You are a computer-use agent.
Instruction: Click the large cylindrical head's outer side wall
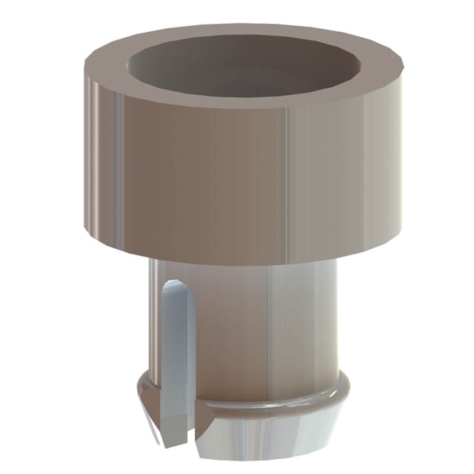[x=222, y=178]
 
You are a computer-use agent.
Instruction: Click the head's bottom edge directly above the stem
[x=244, y=263]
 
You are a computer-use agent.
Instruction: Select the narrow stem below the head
[x=244, y=326]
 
